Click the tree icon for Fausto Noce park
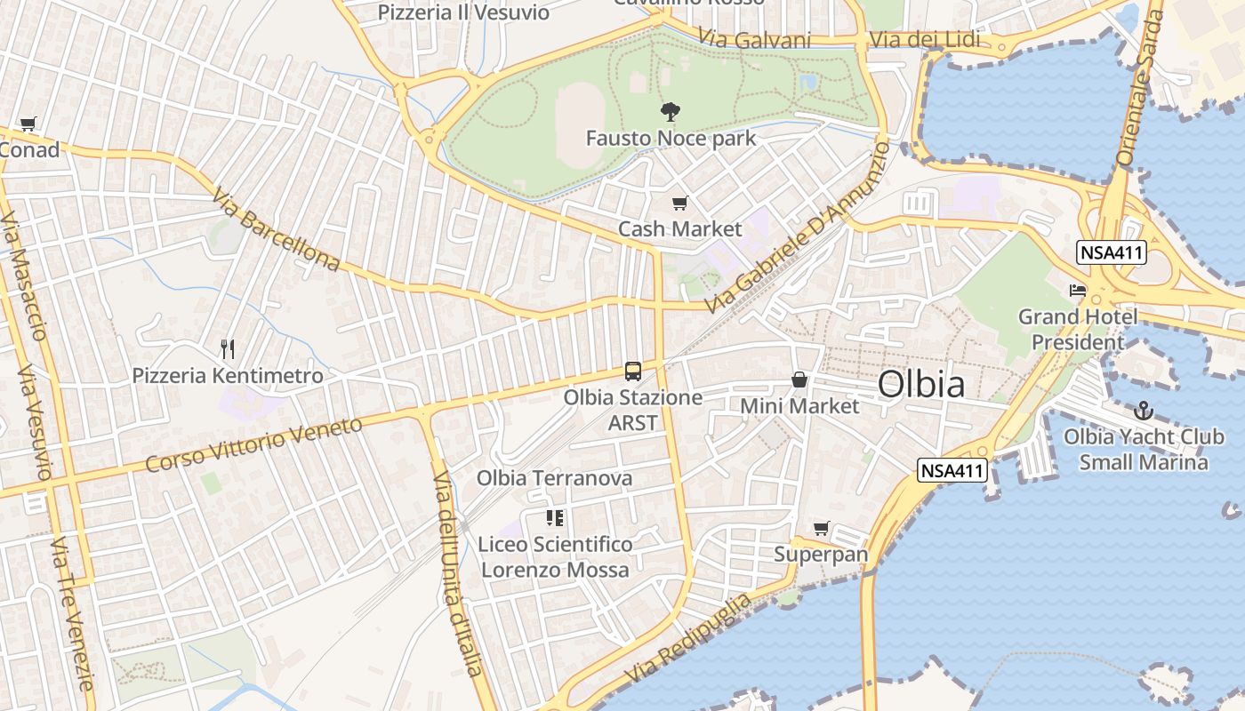click(x=671, y=112)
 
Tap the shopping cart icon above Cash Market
click(x=680, y=204)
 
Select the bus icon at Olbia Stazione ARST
click(x=633, y=371)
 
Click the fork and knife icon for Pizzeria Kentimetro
click(x=228, y=348)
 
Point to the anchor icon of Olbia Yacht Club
click(x=1144, y=411)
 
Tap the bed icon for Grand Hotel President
click(x=1078, y=290)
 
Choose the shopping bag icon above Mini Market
click(x=799, y=379)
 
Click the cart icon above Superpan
click(x=821, y=529)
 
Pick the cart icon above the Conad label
click(x=28, y=124)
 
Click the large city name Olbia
click(x=921, y=384)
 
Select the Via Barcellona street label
click(x=276, y=228)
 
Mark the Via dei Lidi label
click(x=925, y=40)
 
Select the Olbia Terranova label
click(x=554, y=478)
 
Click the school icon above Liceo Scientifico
click(x=555, y=518)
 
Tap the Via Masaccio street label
click(x=24, y=276)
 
